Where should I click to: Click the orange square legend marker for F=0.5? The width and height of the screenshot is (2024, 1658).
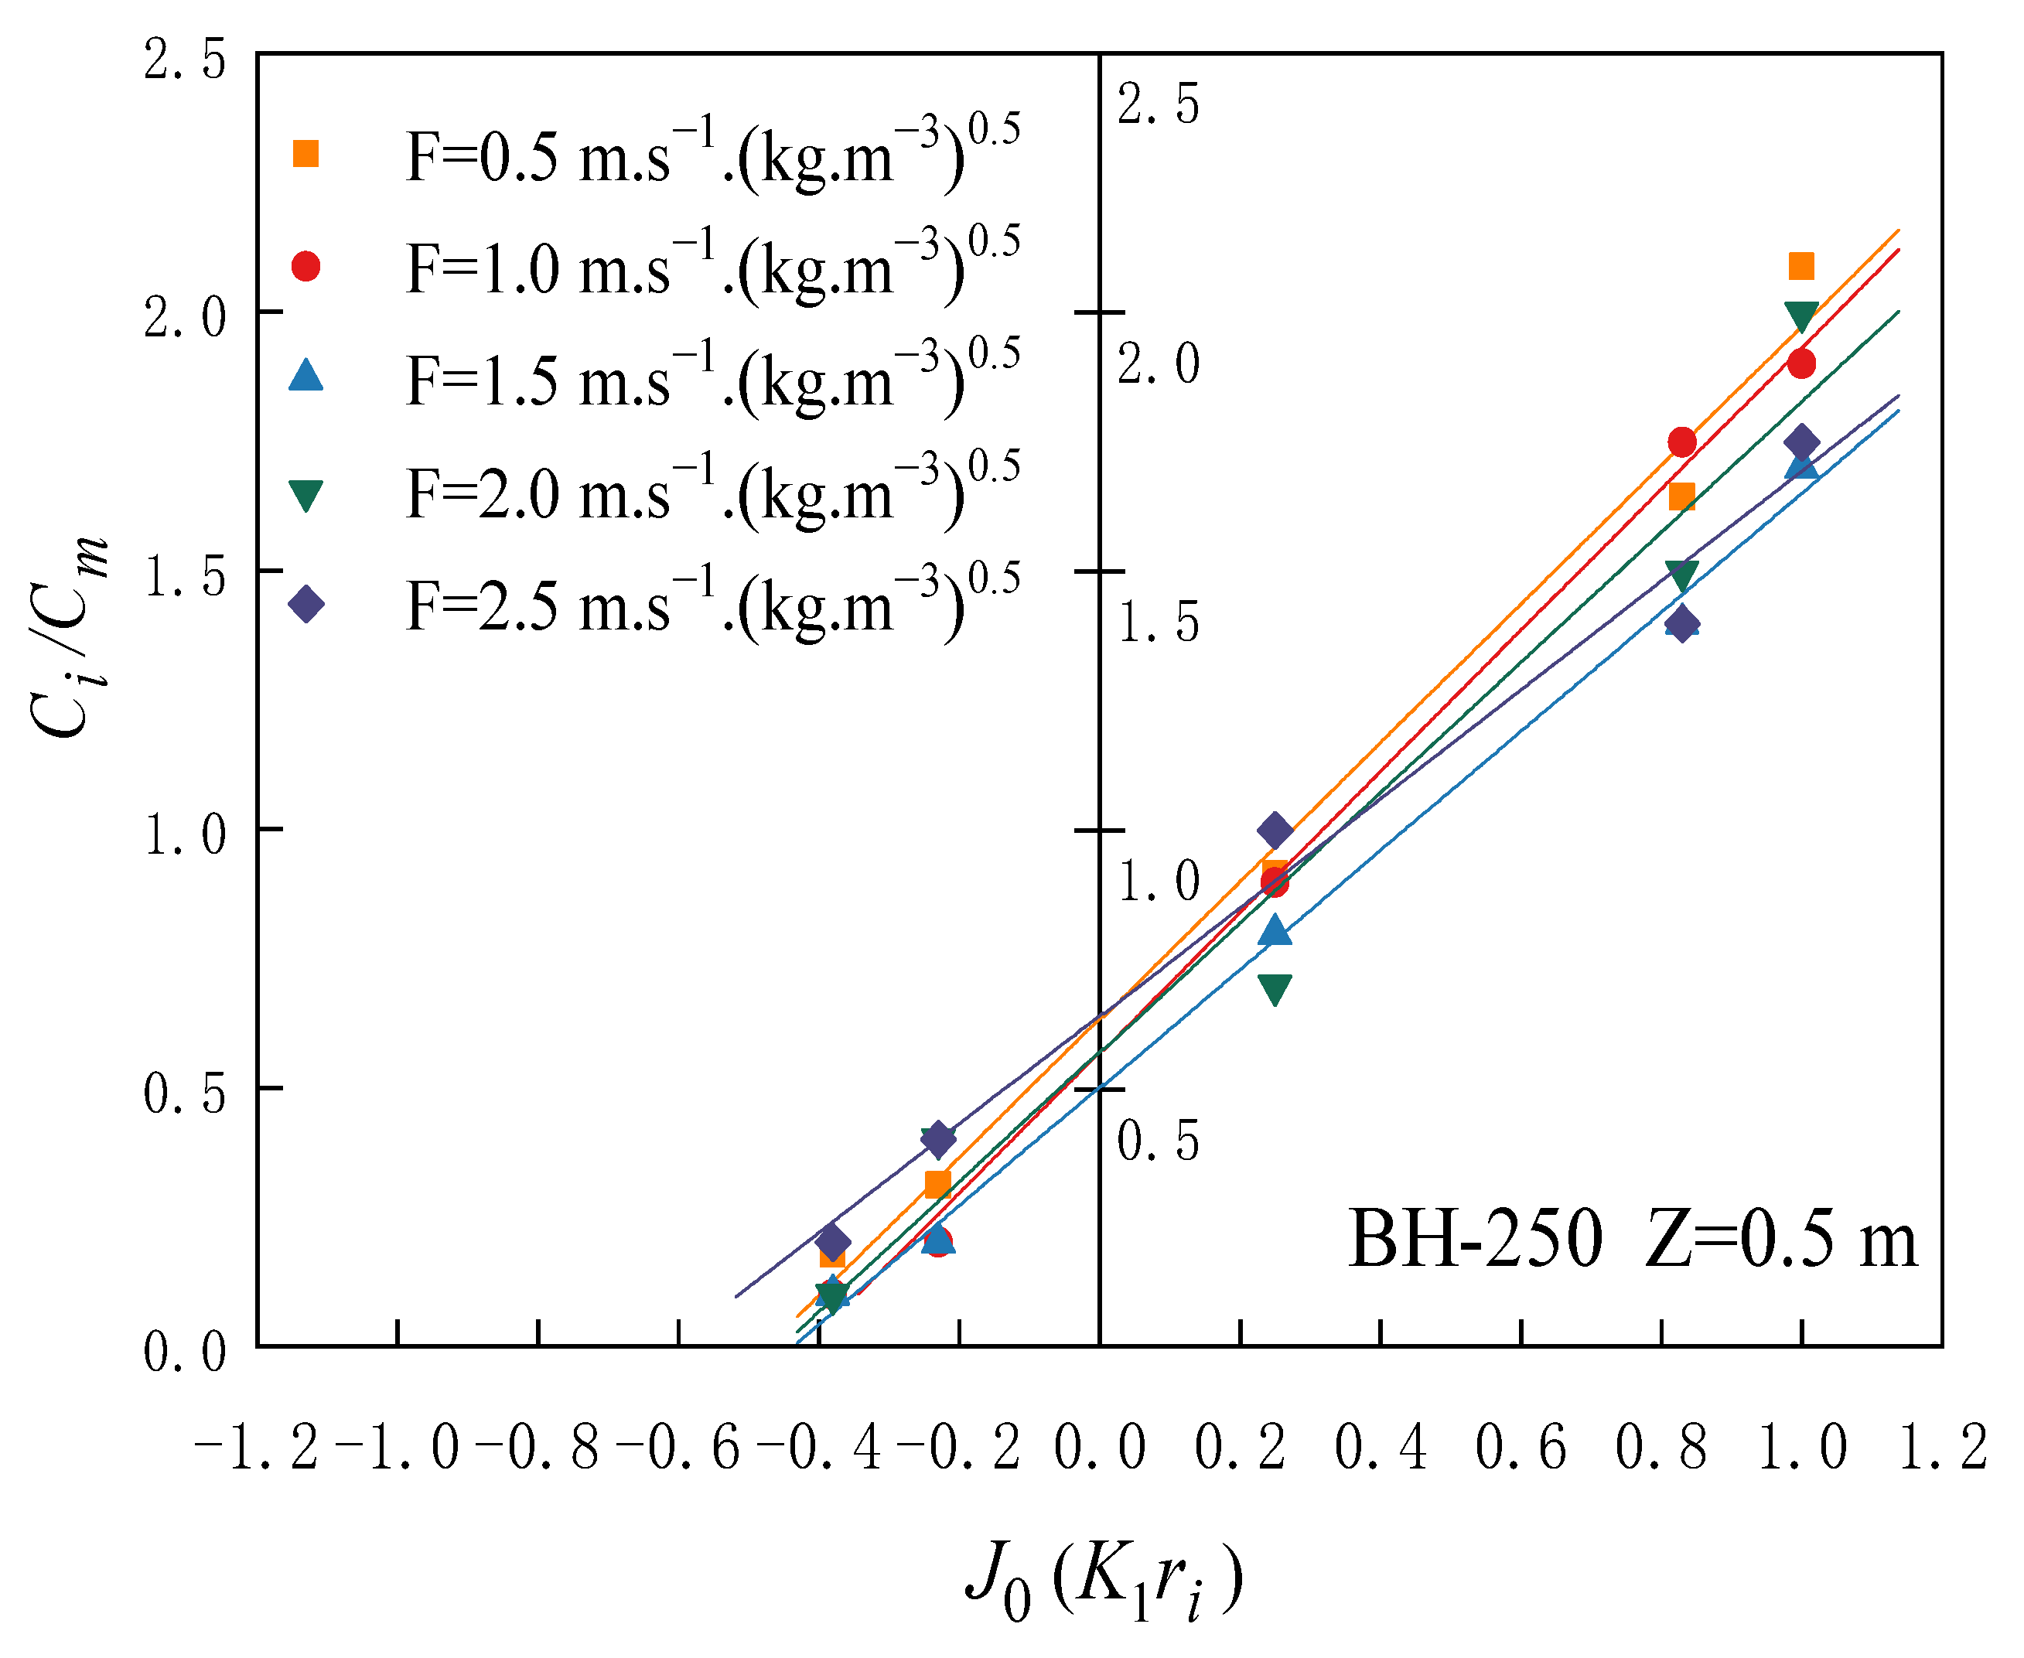pyautogui.click(x=305, y=154)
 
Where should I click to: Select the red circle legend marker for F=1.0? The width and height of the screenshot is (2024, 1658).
pyautogui.click(x=305, y=267)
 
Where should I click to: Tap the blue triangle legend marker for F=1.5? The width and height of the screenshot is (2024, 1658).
pyautogui.click(x=305, y=374)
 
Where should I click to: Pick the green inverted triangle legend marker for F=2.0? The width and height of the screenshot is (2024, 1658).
pyautogui.click(x=305, y=496)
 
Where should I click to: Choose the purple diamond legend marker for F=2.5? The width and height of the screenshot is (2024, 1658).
pyautogui.click(x=305, y=605)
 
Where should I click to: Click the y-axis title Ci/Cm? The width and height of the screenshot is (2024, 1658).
pyautogui.click(x=69, y=639)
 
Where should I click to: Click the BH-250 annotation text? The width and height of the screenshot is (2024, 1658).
pyautogui.click(x=1475, y=1240)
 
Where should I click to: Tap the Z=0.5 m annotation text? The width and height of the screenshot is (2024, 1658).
pyautogui.click(x=1780, y=1240)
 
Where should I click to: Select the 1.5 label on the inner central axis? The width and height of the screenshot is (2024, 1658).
pyautogui.click(x=1159, y=623)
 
